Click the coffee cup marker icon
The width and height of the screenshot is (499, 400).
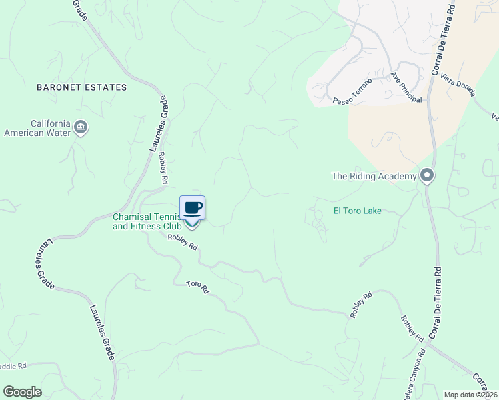pyautogui.click(x=192, y=208)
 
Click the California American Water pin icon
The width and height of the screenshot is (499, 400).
pyautogui.click(x=81, y=127)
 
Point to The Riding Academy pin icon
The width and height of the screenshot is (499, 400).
pyautogui.click(x=427, y=177)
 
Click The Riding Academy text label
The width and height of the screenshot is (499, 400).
pyautogui.click(x=374, y=177)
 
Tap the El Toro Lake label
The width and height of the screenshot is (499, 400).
pyautogui.click(x=357, y=211)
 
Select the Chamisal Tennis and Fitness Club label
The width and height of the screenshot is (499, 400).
pyautogui.click(x=147, y=221)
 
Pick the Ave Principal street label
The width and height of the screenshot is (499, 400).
pyautogui.click(x=406, y=87)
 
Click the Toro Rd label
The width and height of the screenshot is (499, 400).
pyautogui.click(x=197, y=288)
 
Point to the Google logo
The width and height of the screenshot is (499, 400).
pyautogui.click(x=22, y=392)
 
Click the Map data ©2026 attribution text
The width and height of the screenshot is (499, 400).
pyautogui.click(x=470, y=395)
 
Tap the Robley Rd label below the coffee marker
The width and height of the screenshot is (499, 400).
pyautogui.click(x=183, y=241)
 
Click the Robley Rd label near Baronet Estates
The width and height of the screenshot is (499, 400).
pyautogui.click(x=163, y=168)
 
